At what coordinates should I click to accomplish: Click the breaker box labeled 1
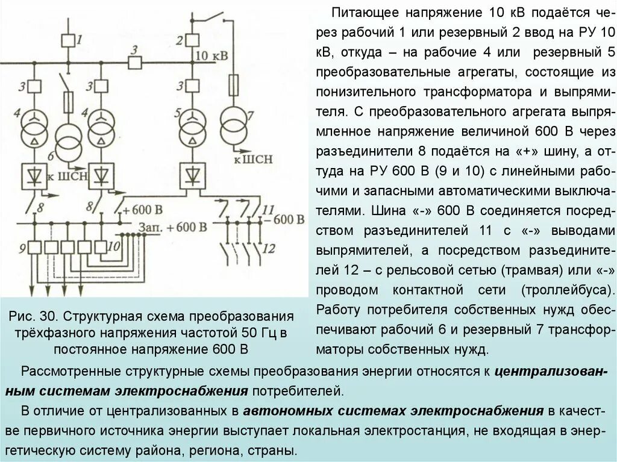[68, 40]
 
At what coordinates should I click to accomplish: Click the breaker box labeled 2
[192, 40]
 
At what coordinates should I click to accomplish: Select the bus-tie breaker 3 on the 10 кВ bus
[134, 61]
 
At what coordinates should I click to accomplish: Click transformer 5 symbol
[192, 124]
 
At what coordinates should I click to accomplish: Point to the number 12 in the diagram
[269, 248]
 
